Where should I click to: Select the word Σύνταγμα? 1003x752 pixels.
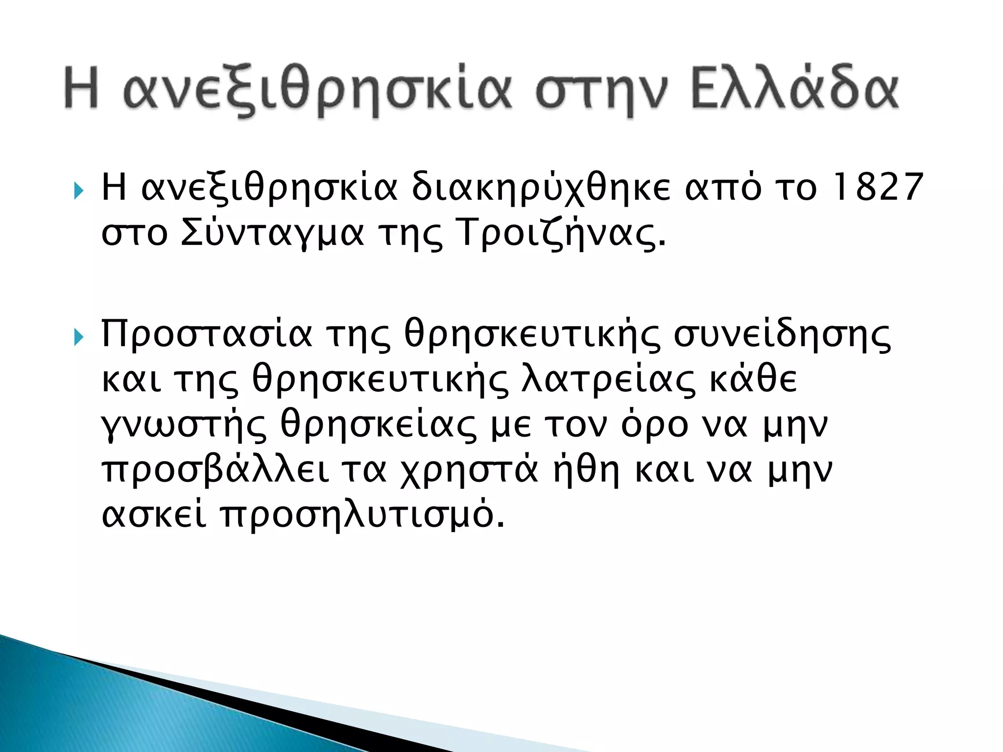[272, 233]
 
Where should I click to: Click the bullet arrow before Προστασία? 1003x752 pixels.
[78, 337]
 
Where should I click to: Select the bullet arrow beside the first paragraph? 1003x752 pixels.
[78, 190]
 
